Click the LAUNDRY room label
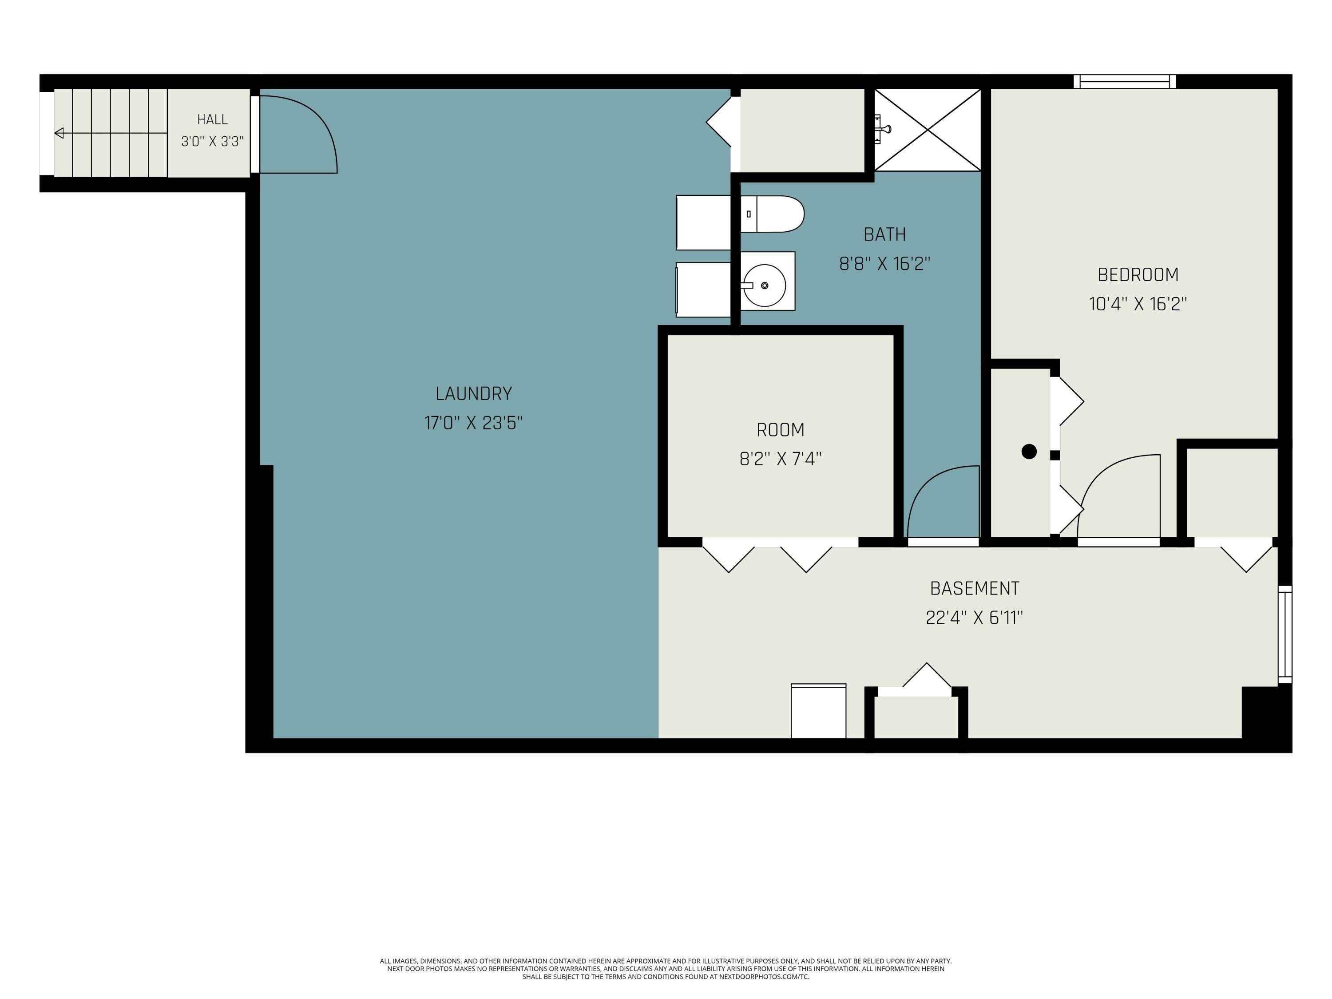pyautogui.click(x=473, y=394)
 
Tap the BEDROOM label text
pyautogui.click(x=1138, y=274)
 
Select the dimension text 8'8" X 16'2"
pyautogui.click(x=884, y=264)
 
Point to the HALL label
pyautogui.click(x=213, y=119)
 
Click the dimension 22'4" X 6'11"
pyautogui.click(x=974, y=618)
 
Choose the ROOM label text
pyautogui.click(x=781, y=430)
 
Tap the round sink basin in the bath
pyautogui.click(x=764, y=285)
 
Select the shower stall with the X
pyautogui.click(x=928, y=130)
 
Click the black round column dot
pyautogui.click(x=1029, y=451)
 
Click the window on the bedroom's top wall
pyautogui.click(x=1124, y=81)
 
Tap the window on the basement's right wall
pyautogui.click(x=1284, y=634)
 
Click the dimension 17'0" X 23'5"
pyautogui.click(x=473, y=423)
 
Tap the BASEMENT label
pyautogui.click(x=974, y=588)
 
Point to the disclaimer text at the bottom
pyautogui.click(x=666, y=969)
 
